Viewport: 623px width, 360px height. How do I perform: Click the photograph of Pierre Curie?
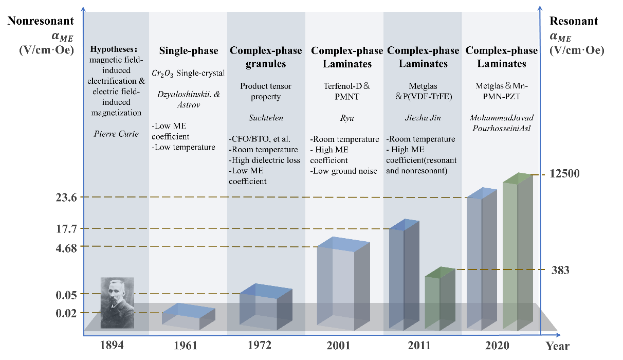[117, 302]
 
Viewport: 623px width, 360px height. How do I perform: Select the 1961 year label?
[185, 346]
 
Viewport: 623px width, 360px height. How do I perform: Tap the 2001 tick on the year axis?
[338, 346]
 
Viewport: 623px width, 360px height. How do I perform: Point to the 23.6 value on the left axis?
[66, 197]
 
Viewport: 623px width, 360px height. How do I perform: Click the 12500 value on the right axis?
[564, 174]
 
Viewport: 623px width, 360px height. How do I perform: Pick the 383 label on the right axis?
[560, 270]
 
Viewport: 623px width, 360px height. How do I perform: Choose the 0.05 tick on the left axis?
[66, 295]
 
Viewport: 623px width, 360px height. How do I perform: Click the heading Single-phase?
[188, 51]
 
